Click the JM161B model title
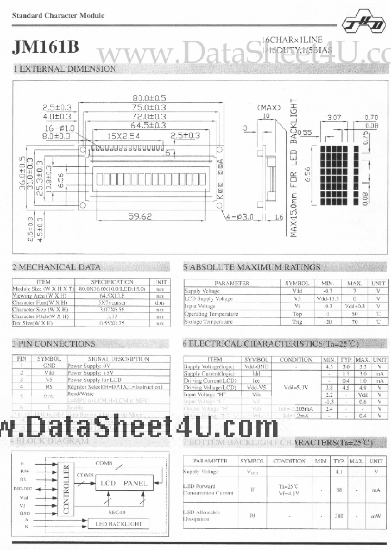[46, 47]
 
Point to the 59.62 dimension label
[140, 216]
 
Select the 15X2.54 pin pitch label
[123, 135]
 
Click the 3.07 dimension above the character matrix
[333, 117]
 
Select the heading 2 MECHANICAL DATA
[56, 267]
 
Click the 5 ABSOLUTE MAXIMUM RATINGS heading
[251, 267]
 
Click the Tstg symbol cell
[297, 322]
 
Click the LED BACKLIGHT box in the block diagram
[118, 524]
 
